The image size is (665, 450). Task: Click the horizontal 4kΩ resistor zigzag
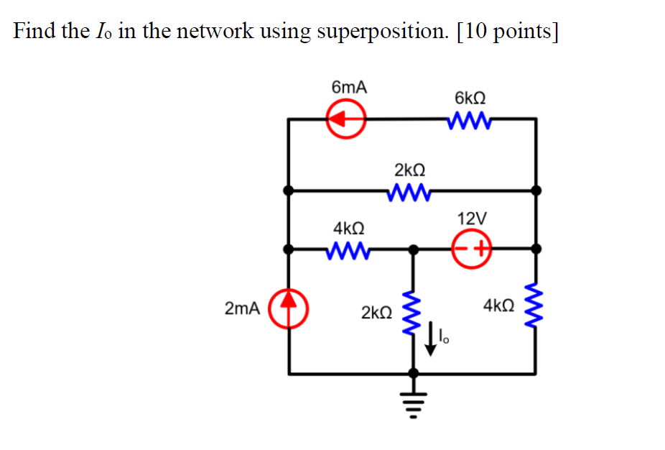(348, 249)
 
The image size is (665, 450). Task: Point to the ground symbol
(412, 403)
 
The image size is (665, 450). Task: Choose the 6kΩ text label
(470, 97)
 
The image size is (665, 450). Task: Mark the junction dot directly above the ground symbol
(412, 373)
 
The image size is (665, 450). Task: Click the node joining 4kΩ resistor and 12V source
(412, 249)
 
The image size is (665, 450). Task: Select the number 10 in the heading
(474, 32)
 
